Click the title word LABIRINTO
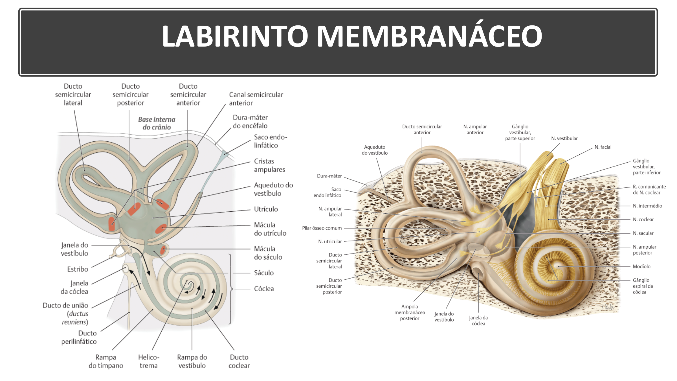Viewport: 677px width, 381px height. pos(235,36)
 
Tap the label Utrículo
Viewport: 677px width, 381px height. pos(266,209)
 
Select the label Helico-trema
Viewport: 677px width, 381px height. pos(149,361)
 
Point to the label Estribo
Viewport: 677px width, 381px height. pos(78,269)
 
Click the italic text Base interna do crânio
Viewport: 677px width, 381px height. pos(157,123)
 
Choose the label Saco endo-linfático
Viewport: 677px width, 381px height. pos(270,141)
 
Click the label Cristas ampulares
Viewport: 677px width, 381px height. pos(269,165)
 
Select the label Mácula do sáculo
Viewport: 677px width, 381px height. pos(268,253)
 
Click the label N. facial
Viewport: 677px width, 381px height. pos(603,147)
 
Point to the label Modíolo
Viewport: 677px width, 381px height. pos(641,266)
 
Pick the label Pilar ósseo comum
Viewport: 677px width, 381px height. pos(322,228)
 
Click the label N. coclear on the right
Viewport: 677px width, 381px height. pos(643,220)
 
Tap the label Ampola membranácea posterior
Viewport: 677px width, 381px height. pos(410,312)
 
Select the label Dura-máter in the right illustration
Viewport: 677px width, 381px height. pos(329,176)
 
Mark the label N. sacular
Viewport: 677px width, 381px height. pos(643,233)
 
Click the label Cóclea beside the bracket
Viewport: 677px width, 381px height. pos(264,289)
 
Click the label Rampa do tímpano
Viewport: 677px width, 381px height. pos(106,361)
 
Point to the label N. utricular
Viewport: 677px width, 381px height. pos(330,242)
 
